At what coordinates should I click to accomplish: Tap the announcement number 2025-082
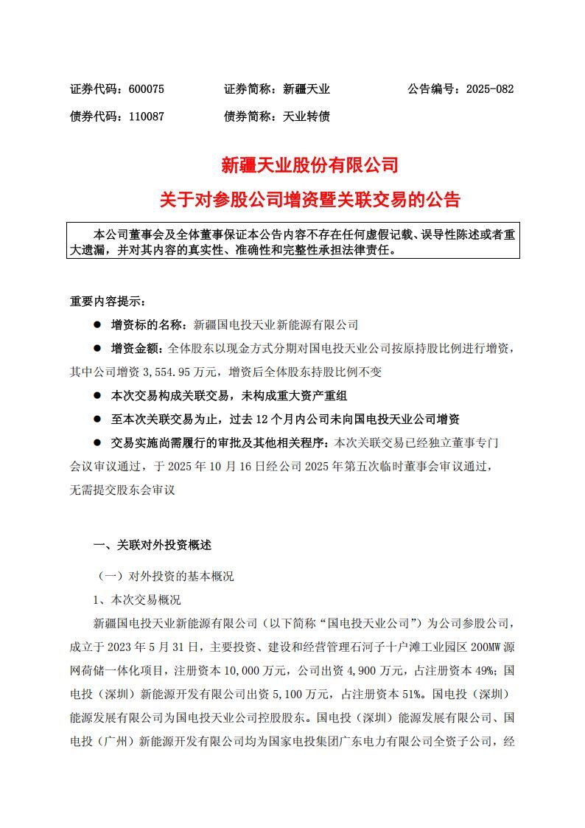[489, 89]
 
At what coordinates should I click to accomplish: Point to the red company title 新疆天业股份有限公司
[309, 165]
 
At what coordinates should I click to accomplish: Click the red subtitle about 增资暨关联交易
[309, 199]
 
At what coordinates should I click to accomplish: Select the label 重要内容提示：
[108, 301]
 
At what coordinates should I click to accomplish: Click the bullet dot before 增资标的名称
[97, 324]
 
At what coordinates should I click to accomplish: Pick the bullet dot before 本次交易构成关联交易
[97, 395]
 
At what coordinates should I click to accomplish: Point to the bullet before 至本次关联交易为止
[97, 419]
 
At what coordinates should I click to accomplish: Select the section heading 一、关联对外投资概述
[153, 546]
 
